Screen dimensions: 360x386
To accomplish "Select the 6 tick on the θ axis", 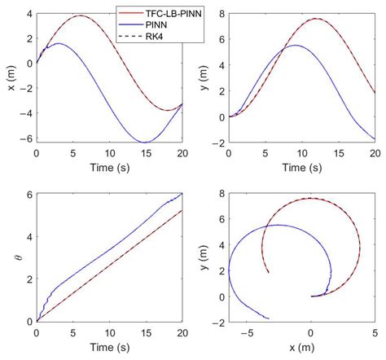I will coord(29,194).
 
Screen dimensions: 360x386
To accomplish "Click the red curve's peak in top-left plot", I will coord(79,16).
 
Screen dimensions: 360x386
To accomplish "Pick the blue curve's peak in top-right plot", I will coord(295,46).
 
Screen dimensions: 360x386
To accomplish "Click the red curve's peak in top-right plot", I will coord(316,20).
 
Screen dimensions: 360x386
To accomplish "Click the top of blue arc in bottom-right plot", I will coord(277,225).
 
